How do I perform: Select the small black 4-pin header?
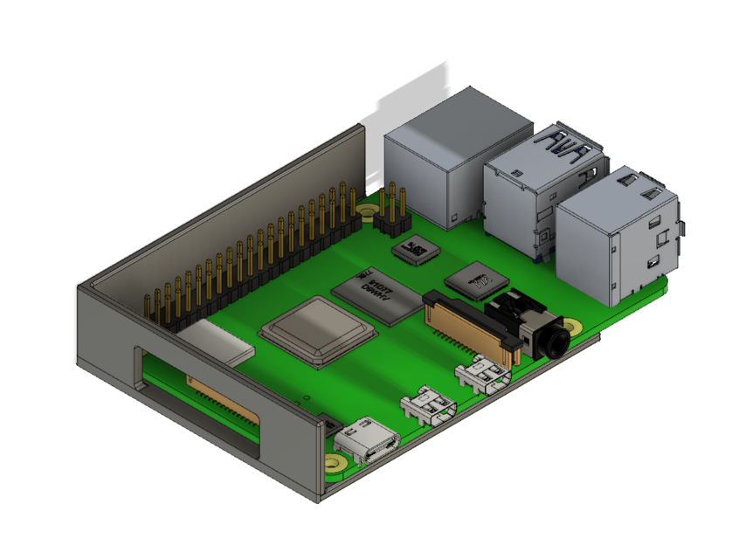pos(394,224)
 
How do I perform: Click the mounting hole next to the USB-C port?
pos(334,464)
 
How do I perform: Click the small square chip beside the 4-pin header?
pos(417,252)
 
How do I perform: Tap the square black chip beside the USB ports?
pos(476,280)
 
